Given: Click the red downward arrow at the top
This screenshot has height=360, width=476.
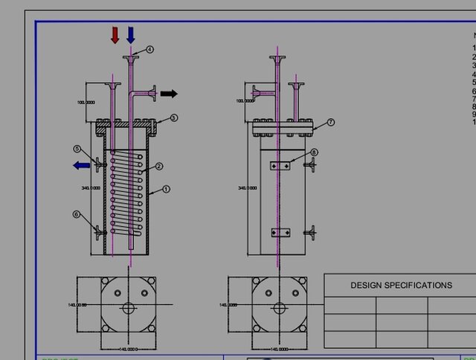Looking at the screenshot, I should coord(115,35).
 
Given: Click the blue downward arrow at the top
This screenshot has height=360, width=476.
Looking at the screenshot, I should coord(131,35).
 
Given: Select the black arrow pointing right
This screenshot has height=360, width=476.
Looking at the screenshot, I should coord(169,94).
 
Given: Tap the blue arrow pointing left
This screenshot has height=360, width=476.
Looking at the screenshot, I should coord(81,166).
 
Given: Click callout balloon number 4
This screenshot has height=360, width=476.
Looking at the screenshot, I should coord(149,49).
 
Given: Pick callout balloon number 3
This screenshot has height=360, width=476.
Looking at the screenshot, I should coord(173,118).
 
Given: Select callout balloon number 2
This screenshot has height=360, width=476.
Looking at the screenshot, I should coord(158,167).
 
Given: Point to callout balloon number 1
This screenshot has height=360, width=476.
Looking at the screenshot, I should coord(166,190).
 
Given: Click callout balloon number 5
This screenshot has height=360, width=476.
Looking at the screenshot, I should coord(77,149).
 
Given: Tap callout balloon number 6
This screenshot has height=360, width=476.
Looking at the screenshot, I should coord(76,214).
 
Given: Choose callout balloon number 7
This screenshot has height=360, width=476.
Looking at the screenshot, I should coord(331,122).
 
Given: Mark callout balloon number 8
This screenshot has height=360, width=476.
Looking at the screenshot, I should coord(314,152).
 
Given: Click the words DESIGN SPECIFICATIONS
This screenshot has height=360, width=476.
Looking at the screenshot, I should coord(401,285).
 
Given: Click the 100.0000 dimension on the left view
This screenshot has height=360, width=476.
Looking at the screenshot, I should coord(86,102).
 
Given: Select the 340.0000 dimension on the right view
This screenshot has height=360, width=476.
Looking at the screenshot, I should coord(246,188).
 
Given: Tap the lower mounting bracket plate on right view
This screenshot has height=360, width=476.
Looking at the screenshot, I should coord(280,233).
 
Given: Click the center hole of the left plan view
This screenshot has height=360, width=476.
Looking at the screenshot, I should coord(129,306).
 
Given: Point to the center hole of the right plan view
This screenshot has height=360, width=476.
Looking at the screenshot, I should coord(280,306).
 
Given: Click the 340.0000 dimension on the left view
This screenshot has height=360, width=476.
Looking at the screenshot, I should coord(90,188).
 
